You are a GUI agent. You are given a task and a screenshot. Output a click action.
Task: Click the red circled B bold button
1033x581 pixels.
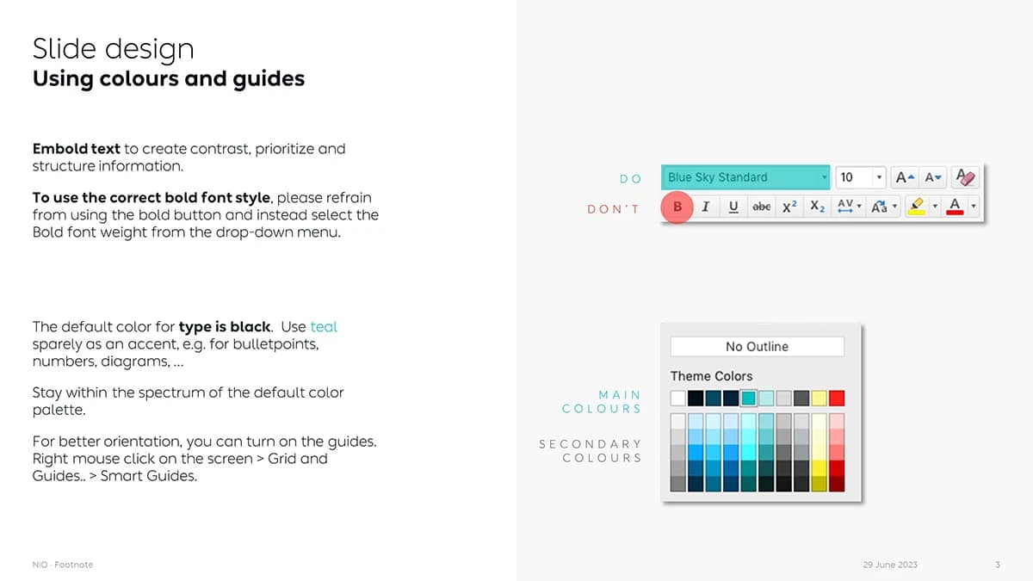(x=677, y=207)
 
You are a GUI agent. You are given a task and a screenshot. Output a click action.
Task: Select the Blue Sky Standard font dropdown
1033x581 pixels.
(x=745, y=177)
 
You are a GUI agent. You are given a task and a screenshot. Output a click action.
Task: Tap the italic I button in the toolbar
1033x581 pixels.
(x=706, y=207)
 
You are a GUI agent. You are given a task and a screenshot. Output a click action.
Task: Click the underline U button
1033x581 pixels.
(x=733, y=207)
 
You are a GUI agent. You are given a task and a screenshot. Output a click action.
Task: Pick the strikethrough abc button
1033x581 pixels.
(x=761, y=207)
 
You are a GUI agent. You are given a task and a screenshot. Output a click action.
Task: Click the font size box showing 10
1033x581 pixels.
(x=861, y=177)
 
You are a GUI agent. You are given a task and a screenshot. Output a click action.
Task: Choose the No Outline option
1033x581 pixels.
(x=758, y=347)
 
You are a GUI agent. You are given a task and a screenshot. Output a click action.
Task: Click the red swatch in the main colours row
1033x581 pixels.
(x=837, y=399)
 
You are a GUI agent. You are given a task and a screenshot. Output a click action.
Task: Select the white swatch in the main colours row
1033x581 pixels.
(x=678, y=399)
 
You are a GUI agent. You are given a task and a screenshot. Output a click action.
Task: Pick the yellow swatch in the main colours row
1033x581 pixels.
(x=819, y=399)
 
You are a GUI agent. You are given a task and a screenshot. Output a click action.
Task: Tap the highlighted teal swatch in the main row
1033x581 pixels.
(x=748, y=399)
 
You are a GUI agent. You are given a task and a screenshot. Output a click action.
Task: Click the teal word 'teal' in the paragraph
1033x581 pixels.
(x=324, y=327)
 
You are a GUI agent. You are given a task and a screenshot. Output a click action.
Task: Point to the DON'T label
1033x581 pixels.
(x=613, y=209)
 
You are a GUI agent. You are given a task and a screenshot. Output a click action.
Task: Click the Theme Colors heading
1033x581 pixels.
(x=712, y=376)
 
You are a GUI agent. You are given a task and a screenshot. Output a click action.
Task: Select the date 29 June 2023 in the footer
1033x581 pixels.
(x=890, y=565)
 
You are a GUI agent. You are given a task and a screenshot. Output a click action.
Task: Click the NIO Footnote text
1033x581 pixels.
(x=63, y=565)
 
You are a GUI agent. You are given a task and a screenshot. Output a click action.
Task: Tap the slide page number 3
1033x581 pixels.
(x=998, y=565)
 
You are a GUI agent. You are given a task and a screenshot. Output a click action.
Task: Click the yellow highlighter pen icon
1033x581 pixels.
(x=917, y=206)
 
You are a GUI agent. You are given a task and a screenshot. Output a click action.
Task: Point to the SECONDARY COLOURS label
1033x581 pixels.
(x=591, y=451)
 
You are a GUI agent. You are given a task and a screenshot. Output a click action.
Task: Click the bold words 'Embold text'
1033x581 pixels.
(x=76, y=149)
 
